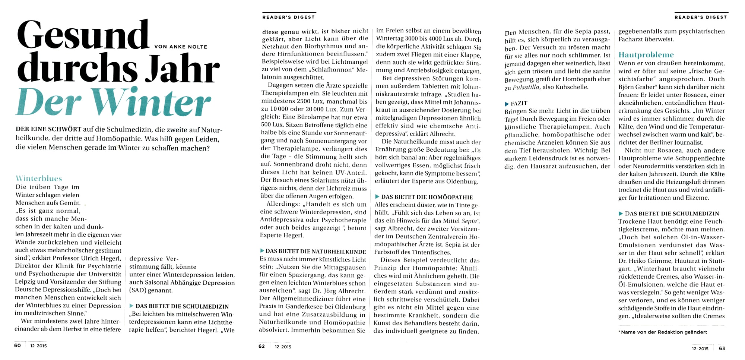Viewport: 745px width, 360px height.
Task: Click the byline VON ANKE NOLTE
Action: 181,47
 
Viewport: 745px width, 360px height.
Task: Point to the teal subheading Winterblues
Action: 39,179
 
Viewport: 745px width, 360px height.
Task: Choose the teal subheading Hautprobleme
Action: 646,55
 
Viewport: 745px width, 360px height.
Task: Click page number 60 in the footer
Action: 18,345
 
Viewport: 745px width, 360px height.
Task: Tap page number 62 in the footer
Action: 261,346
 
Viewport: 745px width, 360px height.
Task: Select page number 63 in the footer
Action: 722,348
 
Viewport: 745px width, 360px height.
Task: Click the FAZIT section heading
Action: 519,103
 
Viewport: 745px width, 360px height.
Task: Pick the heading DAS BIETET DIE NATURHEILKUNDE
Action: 316,251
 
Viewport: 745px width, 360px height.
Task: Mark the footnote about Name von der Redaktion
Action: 663,332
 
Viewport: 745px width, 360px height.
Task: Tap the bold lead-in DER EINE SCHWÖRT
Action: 48,129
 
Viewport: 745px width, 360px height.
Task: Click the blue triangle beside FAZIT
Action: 507,104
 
